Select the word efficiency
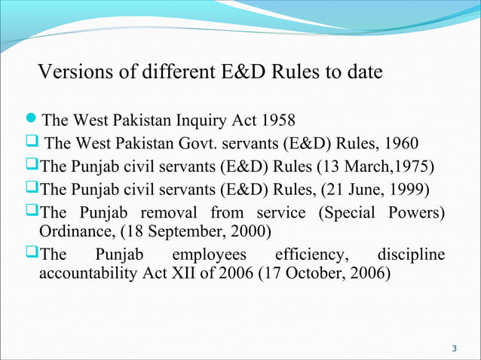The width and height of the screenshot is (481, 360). (305, 254)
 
